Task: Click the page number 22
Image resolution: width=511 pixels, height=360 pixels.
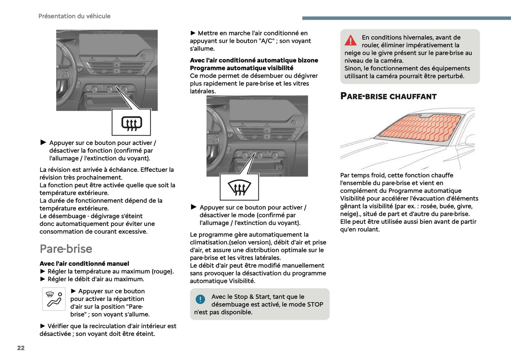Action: pyautogui.click(x=21, y=348)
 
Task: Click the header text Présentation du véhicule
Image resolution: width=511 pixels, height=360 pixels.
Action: pyautogui.click(x=74, y=16)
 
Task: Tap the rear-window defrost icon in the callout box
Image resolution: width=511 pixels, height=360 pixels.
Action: pyautogui.click(x=132, y=123)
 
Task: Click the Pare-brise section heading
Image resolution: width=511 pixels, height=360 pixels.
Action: pyautogui.click(x=66, y=249)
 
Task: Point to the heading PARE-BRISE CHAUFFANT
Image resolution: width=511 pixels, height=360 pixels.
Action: pyautogui.click(x=388, y=97)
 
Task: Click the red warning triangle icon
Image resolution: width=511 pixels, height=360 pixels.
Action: pyautogui.click(x=350, y=41)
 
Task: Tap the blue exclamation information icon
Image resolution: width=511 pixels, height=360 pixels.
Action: pyautogui.click(x=200, y=300)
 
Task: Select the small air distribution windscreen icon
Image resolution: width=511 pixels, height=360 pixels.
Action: pyautogui.click(x=54, y=299)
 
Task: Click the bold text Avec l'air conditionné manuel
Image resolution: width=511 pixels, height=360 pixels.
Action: pyautogui.click(x=84, y=263)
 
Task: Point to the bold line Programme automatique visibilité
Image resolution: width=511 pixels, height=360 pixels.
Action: pyautogui.click(x=242, y=68)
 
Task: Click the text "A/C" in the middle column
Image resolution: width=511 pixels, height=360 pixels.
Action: pyautogui.click(x=267, y=41)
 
